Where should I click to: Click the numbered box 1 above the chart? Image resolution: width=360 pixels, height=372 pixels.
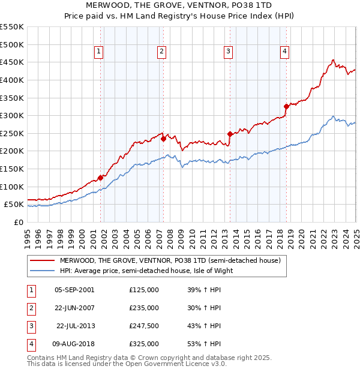(x=98, y=52)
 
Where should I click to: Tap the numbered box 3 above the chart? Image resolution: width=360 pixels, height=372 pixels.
(x=229, y=52)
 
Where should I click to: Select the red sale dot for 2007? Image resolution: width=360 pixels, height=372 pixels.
(x=163, y=139)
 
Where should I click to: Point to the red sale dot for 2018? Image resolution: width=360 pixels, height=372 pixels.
(x=286, y=107)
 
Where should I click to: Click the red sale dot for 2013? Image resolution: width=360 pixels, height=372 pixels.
(x=230, y=134)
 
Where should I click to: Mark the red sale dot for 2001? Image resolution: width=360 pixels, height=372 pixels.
(x=100, y=178)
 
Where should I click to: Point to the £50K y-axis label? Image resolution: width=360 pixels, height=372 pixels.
(x=14, y=205)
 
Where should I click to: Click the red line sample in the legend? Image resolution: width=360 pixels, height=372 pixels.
(x=42, y=260)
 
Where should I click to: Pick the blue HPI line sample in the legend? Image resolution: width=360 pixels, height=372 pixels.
(x=42, y=271)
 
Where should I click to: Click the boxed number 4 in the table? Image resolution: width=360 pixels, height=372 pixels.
(x=31, y=344)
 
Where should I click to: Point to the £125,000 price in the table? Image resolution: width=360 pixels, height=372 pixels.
(x=143, y=290)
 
